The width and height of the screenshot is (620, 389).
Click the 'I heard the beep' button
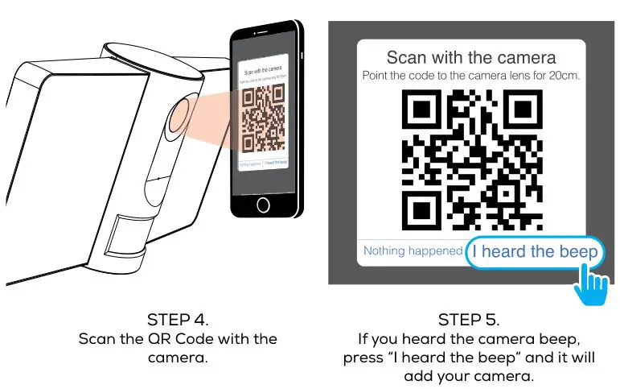click(535, 252)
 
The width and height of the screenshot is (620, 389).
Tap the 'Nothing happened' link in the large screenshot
click(413, 251)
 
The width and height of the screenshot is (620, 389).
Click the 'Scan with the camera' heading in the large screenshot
click(470, 58)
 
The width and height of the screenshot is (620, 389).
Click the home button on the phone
click(263, 204)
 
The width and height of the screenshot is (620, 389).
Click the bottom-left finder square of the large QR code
click(420, 211)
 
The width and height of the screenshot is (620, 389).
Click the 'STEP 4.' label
click(178, 319)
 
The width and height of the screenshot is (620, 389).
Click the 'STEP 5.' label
click(469, 319)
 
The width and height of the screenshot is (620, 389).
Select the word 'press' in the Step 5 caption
click(363, 358)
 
